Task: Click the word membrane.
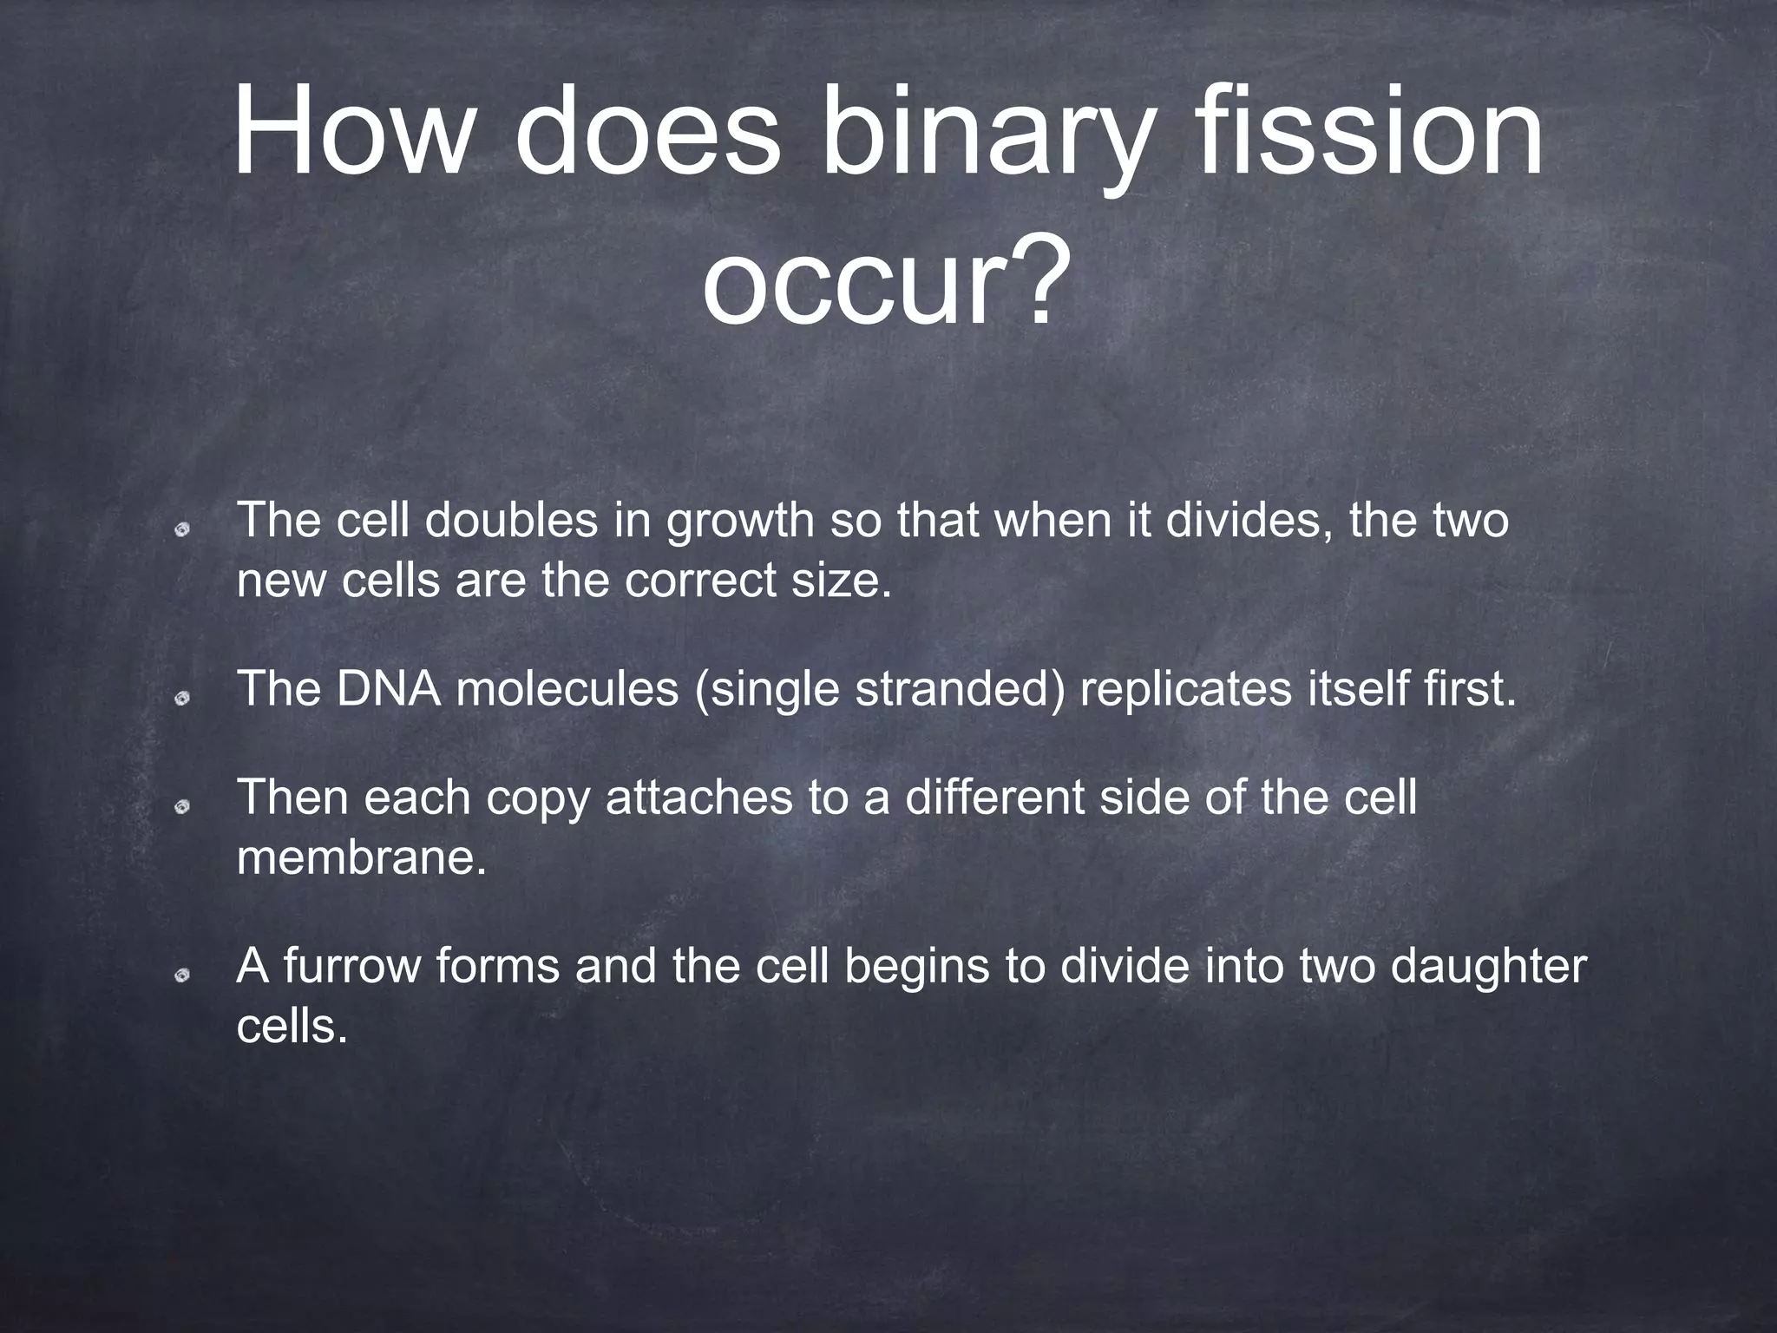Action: (x=361, y=858)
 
